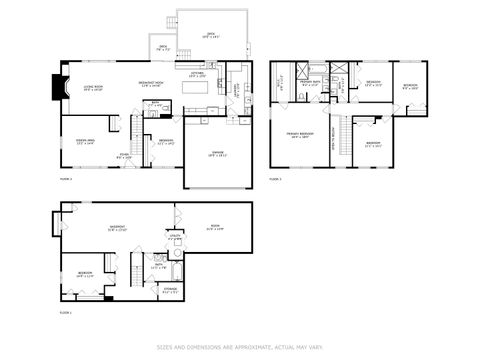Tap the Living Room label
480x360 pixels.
93,87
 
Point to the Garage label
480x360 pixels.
217,153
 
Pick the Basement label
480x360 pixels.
116,229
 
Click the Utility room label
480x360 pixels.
175,239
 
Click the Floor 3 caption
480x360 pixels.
275,180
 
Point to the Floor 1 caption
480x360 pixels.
65,313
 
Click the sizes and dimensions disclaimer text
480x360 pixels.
240,348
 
